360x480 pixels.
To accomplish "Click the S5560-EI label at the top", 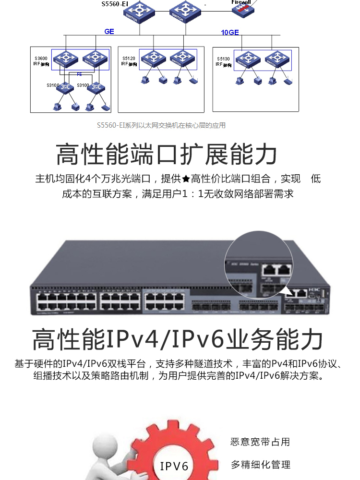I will (x=115, y=4).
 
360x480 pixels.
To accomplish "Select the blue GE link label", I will (x=109, y=32).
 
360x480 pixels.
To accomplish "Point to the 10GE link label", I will (x=229, y=33).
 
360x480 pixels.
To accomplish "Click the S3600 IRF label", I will (x=42, y=61).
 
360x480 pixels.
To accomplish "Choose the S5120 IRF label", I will (x=129, y=60).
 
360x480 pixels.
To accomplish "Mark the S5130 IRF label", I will (x=223, y=61).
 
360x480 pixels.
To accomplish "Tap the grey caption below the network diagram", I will (x=161, y=126).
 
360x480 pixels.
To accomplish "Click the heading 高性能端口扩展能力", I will (x=167, y=154).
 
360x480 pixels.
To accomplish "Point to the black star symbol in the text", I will (x=186, y=180).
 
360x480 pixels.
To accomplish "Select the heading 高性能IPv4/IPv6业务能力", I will (x=177, y=339).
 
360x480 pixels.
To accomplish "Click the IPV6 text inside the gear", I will (x=174, y=466).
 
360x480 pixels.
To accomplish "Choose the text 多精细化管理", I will (x=260, y=465).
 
